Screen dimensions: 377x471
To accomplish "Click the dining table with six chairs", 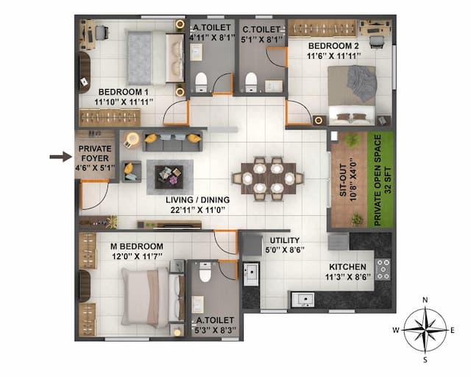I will click(267, 177).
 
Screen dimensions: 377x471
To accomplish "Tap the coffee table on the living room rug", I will click(169, 175).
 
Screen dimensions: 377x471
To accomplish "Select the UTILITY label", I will click(284, 241).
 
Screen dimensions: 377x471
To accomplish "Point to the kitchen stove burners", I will click(383, 269).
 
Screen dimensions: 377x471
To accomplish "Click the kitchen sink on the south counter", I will click(302, 299).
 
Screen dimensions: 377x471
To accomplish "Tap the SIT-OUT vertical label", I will click(343, 179).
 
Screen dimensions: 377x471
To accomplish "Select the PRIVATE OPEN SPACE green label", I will click(383, 179).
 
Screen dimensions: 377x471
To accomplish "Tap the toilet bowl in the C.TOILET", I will click(251, 80).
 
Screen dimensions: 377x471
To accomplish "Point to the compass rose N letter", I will click(425, 299).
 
